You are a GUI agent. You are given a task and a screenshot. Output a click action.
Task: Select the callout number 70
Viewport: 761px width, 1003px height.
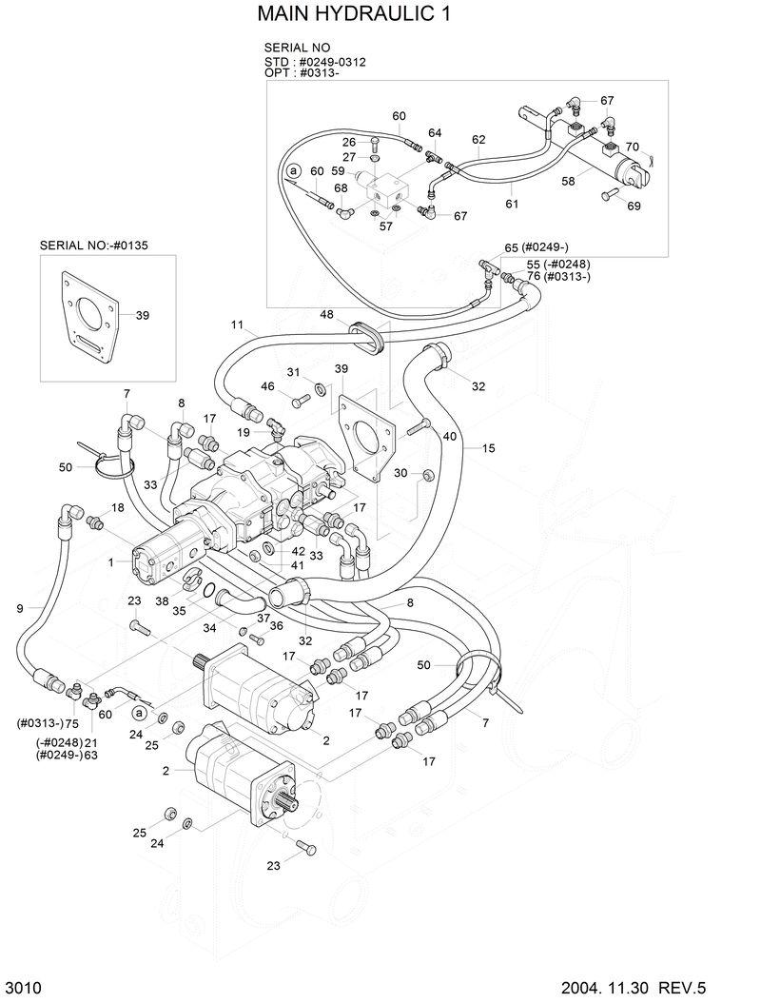[x=632, y=147]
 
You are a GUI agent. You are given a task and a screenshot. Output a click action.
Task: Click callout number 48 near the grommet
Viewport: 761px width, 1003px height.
[x=326, y=314]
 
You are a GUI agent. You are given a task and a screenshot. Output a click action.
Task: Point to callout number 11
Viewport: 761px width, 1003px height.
[x=238, y=324]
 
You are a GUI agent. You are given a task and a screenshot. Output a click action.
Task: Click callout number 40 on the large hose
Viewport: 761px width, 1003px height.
[x=450, y=437]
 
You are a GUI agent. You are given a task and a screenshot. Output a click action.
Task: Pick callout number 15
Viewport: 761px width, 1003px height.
[x=488, y=447]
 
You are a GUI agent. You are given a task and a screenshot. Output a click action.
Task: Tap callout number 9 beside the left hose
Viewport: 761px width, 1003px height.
[x=20, y=606]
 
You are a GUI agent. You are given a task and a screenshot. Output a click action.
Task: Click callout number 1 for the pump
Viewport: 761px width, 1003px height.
[x=111, y=562]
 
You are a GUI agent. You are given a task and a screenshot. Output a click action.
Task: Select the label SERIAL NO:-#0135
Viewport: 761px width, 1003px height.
[x=94, y=245]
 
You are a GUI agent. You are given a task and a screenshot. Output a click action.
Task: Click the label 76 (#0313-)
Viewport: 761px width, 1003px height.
[x=559, y=276]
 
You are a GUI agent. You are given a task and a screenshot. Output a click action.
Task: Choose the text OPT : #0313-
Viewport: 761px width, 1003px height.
[x=302, y=72]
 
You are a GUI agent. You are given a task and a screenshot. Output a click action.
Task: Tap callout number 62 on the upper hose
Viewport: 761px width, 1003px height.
[x=478, y=139]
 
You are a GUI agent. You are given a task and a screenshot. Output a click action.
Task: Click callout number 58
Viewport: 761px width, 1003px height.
[x=568, y=180]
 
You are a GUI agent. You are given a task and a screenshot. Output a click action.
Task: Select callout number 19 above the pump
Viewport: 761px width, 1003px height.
[x=244, y=432]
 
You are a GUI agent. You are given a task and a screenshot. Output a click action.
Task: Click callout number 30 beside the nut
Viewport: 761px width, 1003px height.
[x=400, y=473]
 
